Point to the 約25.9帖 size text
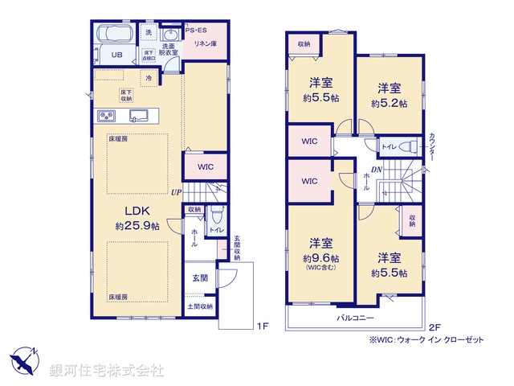[x=137, y=227]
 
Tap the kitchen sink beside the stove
[x=138, y=116]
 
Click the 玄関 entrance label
[x=199, y=277]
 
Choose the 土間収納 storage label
[x=200, y=306]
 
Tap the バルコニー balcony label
[x=353, y=318]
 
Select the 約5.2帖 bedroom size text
[x=390, y=104]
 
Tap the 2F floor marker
[x=434, y=326]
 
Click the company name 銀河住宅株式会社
[x=106, y=371]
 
